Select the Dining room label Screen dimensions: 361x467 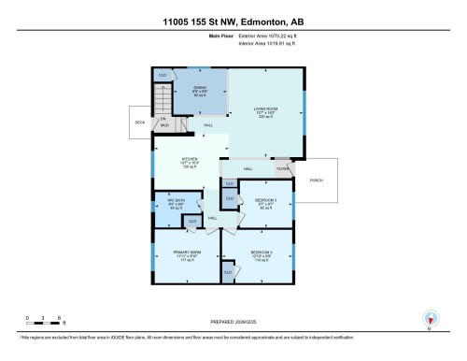[x=199, y=91]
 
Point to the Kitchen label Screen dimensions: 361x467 [x=190, y=160]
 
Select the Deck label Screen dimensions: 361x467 [x=139, y=123]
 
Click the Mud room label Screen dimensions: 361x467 [x=164, y=123]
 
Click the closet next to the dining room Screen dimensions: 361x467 [x=163, y=74]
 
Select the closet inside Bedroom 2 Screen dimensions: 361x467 [x=228, y=271]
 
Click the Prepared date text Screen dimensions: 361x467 [x=233, y=323]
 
